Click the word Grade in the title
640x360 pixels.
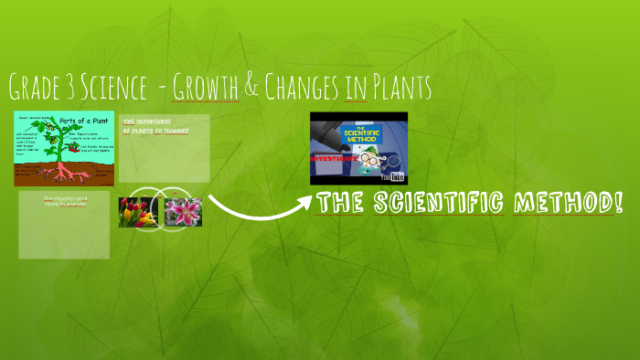(x=37, y=89)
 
